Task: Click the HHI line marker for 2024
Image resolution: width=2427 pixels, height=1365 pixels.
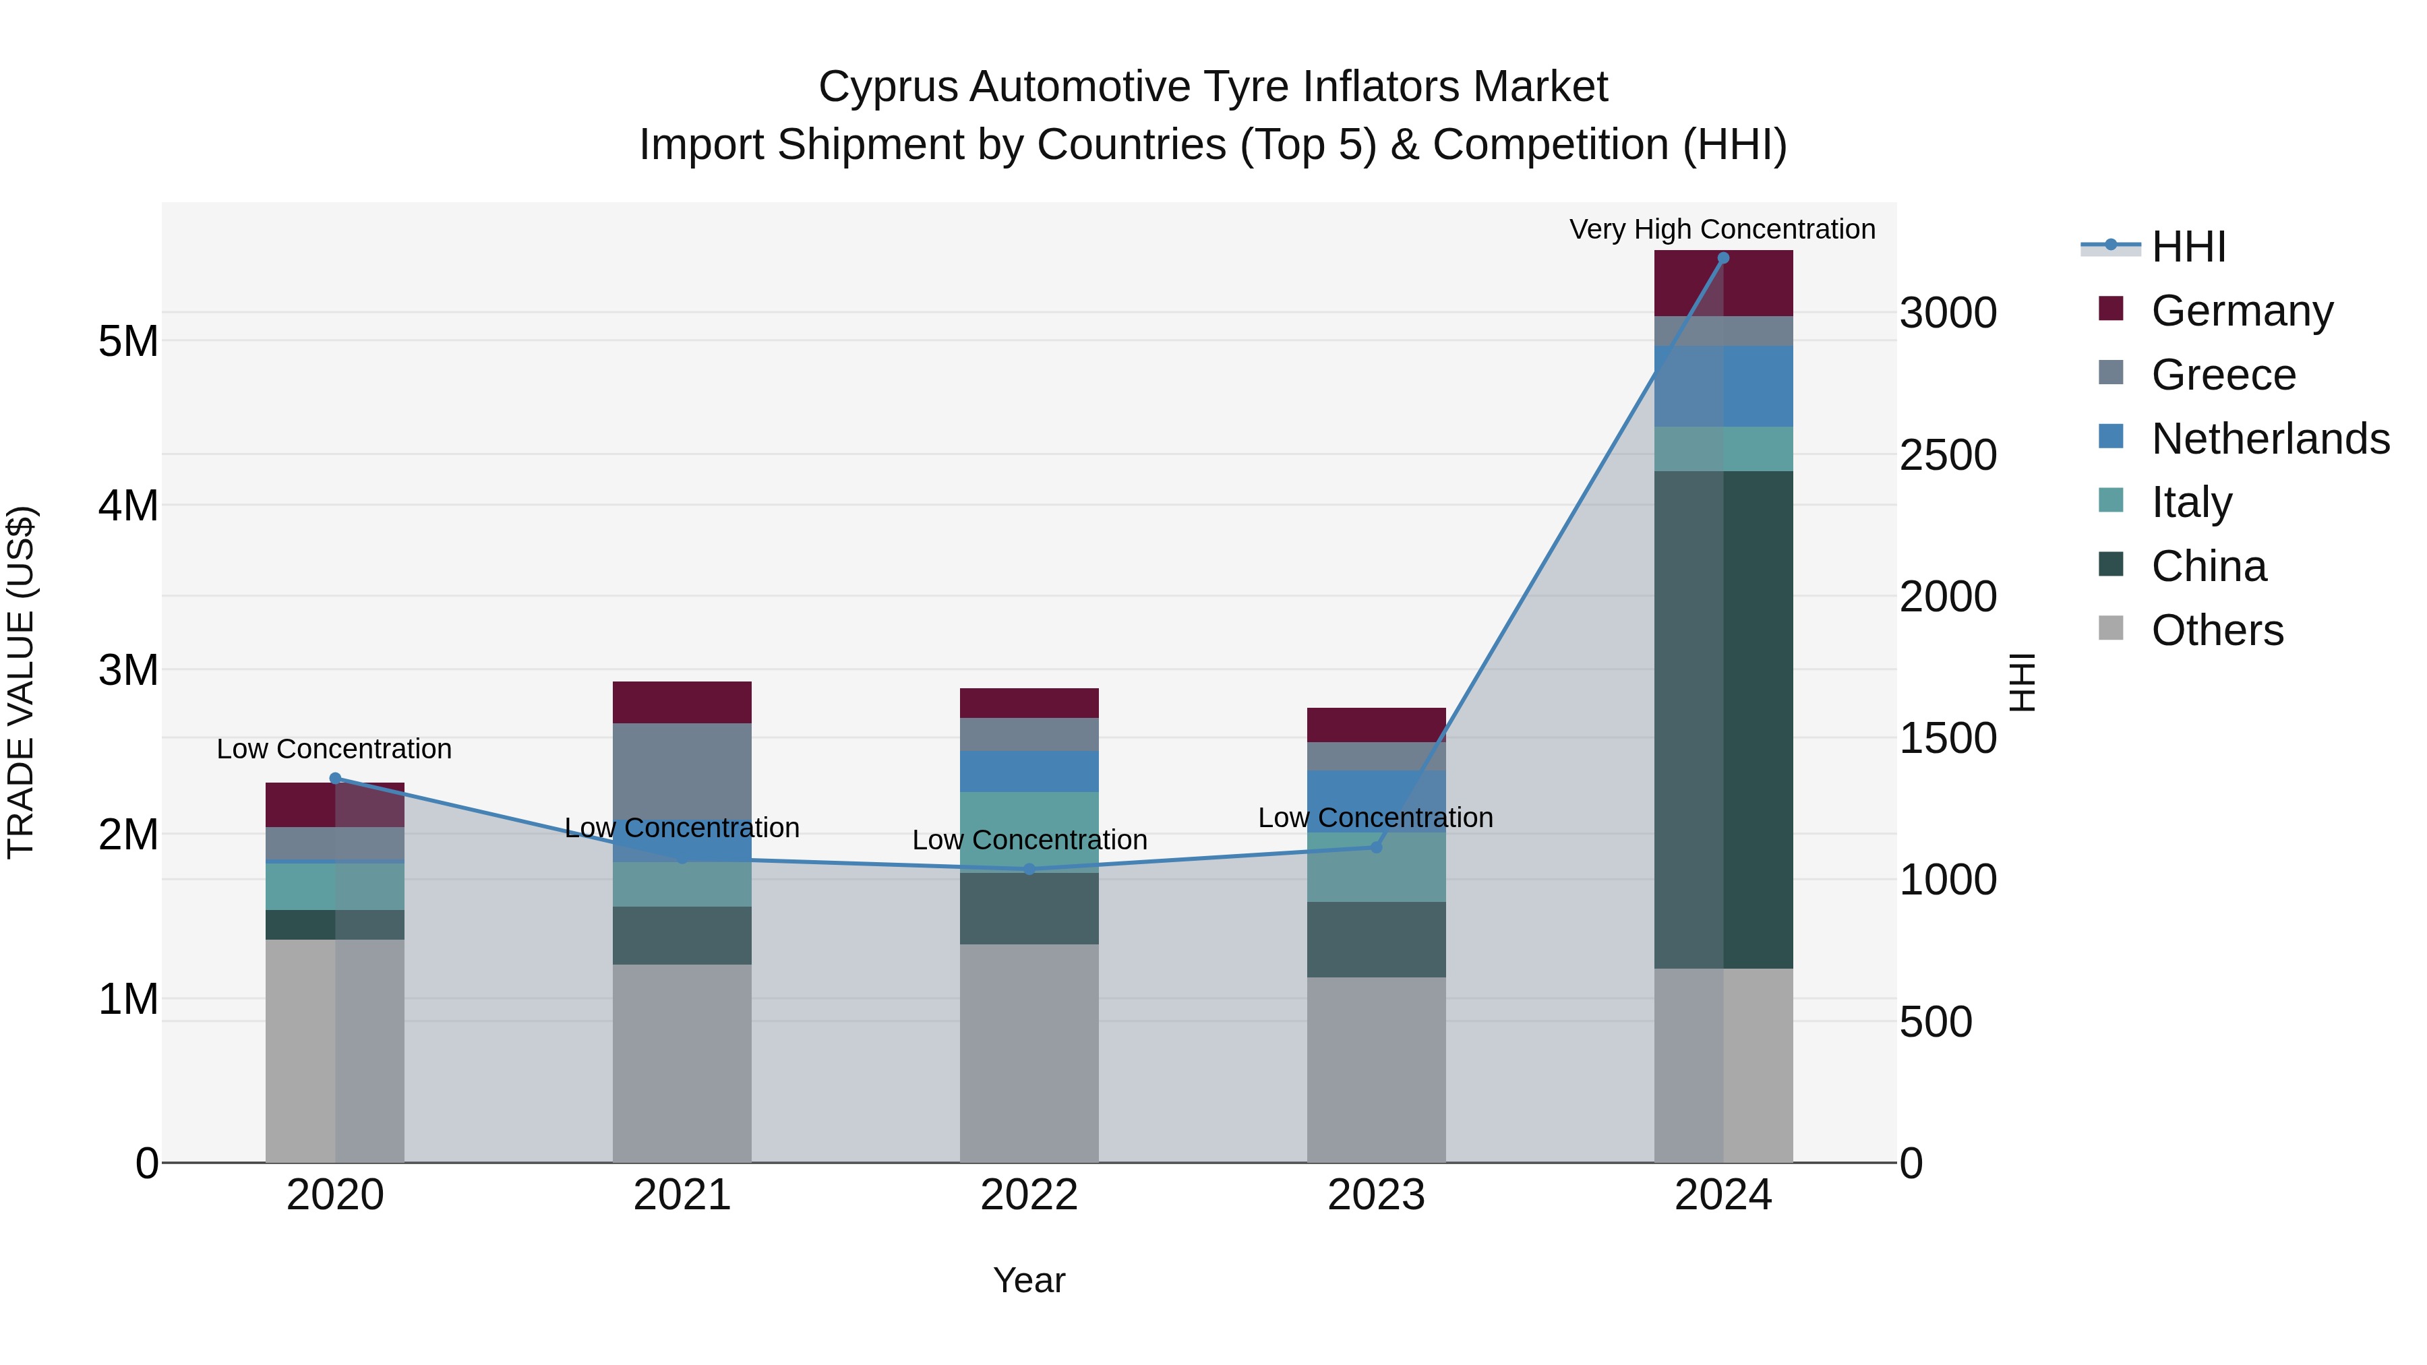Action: tap(1723, 258)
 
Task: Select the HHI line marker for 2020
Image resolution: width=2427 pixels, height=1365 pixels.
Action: tap(336, 778)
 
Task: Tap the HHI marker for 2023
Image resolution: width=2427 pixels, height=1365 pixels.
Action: tap(1375, 847)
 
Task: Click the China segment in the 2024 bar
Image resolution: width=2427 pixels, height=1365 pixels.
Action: tap(1723, 720)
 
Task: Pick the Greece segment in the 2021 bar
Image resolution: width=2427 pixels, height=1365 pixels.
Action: tap(682, 772)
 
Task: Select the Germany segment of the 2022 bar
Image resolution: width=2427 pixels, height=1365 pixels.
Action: tap(1029, 703)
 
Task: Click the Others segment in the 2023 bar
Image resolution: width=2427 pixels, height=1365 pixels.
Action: tap(1375, 1069)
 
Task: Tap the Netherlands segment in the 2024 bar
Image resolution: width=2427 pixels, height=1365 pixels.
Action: tap(1723, 386)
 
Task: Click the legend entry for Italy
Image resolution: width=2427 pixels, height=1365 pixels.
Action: tap(2192, 502)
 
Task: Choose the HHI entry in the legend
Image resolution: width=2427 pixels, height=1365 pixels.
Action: tap(2188, 247)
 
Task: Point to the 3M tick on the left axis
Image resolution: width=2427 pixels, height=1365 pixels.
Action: tap(128, 670)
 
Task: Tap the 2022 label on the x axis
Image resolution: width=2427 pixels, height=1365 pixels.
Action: tap(1029, 1195)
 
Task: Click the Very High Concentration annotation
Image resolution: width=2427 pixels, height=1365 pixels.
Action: tap(1722, 229)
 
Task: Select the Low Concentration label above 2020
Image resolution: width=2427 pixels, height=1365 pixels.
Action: tap(334, 749)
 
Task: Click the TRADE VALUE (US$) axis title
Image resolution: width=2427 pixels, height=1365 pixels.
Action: tap(22, 682)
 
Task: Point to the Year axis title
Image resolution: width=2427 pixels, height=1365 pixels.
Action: tap(1029, 1280)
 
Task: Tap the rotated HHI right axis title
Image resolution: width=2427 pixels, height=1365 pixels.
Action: tap(2022, 682)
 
